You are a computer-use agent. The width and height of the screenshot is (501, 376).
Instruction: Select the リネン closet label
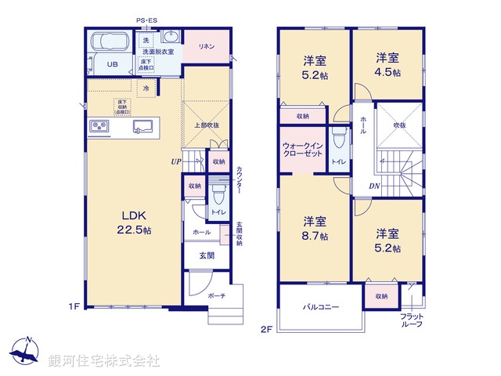point(207,45)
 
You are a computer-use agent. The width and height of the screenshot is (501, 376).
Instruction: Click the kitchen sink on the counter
point(142,125)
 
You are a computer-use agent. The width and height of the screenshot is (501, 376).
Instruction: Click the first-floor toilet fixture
point(218,193)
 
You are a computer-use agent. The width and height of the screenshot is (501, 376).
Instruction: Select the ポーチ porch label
point(217,296)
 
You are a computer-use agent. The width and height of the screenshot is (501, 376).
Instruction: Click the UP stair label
point(177,162)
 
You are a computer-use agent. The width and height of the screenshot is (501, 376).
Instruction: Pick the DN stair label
point(375,186)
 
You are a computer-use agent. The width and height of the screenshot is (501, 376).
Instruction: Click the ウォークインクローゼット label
point(301,149)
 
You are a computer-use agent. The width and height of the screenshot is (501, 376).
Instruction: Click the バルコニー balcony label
point(321,307)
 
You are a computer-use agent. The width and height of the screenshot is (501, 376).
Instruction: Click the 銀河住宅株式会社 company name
point(104,361)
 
